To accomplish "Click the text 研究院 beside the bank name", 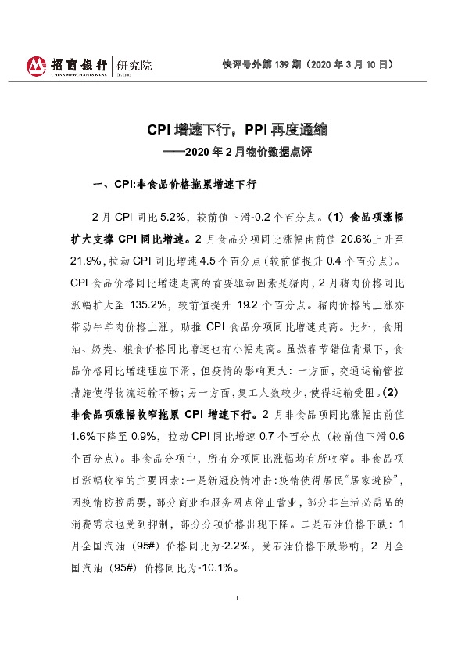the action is [x=133, y=65].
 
